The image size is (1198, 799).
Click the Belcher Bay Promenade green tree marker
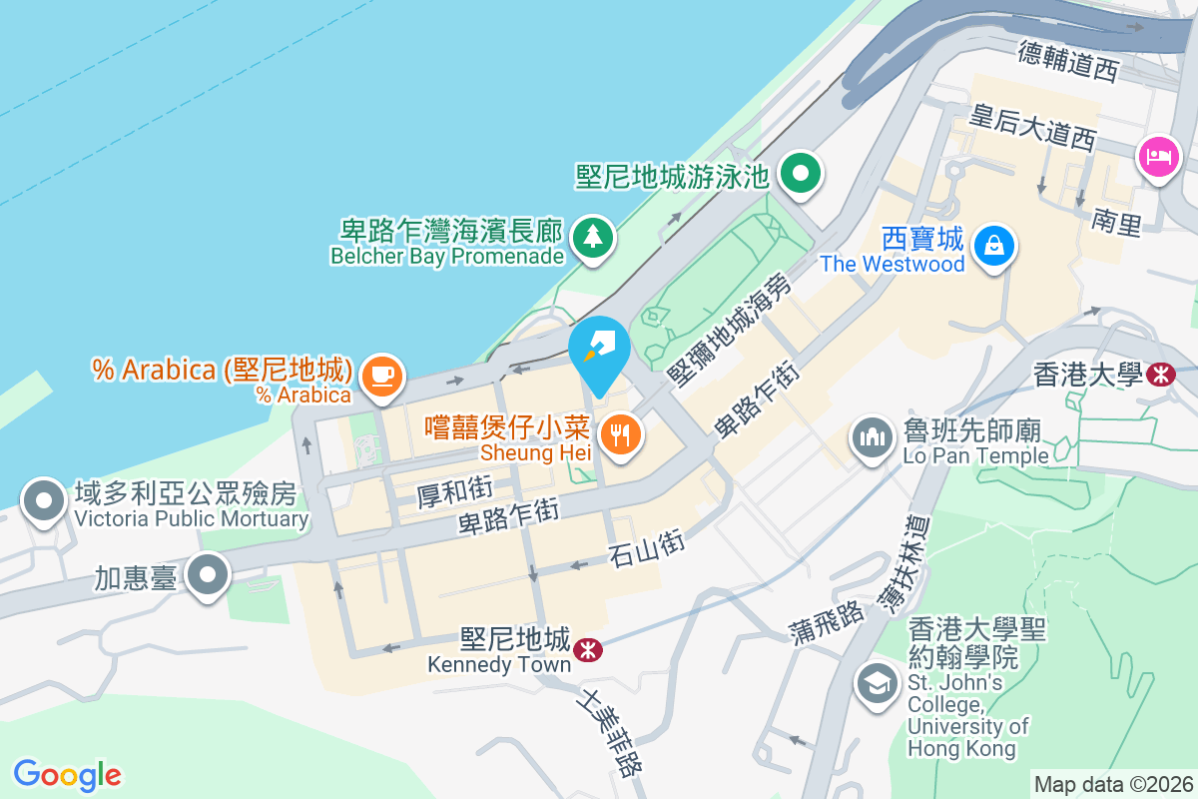594,238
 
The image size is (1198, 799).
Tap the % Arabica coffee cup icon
381,376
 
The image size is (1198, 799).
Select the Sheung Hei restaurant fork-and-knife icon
621,434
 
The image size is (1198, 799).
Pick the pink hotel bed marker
1158,157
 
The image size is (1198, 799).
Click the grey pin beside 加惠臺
209,575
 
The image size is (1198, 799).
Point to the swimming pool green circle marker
800,174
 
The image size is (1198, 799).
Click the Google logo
67,775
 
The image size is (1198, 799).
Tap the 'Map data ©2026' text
1113,784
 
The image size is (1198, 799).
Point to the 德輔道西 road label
1069,59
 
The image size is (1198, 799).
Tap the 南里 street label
1116,223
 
